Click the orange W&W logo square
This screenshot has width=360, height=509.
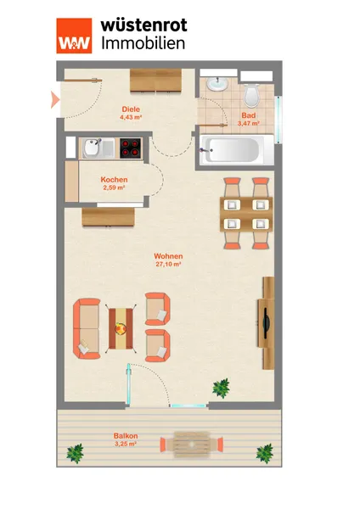(x=74, y=36)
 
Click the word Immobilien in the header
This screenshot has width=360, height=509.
(x=143, y=43)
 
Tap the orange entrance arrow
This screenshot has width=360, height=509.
(x=55, y=99)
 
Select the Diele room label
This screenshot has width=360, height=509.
(x=131, y=109)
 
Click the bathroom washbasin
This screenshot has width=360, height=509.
(x=217, y=84)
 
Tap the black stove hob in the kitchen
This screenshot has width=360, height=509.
(x=131, y=148)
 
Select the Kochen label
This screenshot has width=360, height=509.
(x=114, y=180)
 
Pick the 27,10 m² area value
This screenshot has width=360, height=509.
(x=168, y=264)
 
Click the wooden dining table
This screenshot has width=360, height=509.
(x=246, y=214)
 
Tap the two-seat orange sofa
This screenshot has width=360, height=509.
(x=87, y=328)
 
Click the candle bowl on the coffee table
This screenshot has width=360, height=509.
(x=121, y=328)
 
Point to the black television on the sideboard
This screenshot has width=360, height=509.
(x=266, y=324)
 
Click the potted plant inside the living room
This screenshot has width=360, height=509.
(x=222, y=388)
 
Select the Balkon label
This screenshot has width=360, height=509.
(x=126, y=436)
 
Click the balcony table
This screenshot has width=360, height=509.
(x=192, y=445)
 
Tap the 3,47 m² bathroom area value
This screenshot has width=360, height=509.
(x=248, y=123)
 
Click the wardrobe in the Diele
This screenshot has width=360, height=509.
(x=155, y=81)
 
